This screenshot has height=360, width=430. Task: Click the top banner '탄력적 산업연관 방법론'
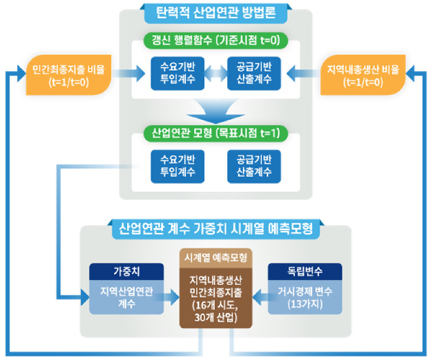(215, 12)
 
